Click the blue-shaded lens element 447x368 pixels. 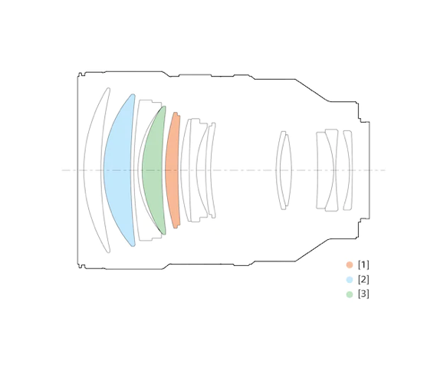tap(118, 170)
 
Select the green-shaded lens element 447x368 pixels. tap(154, 170)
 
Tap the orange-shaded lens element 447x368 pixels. tap(173, 170)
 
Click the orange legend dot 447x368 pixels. tap(350, 264)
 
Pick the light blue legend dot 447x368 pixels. tap(350, 280)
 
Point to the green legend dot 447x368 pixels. tap(350, 294)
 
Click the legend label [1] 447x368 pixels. tap(363, 264)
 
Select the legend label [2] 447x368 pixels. tap(363, 280)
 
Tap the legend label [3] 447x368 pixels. tap(363, 294)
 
